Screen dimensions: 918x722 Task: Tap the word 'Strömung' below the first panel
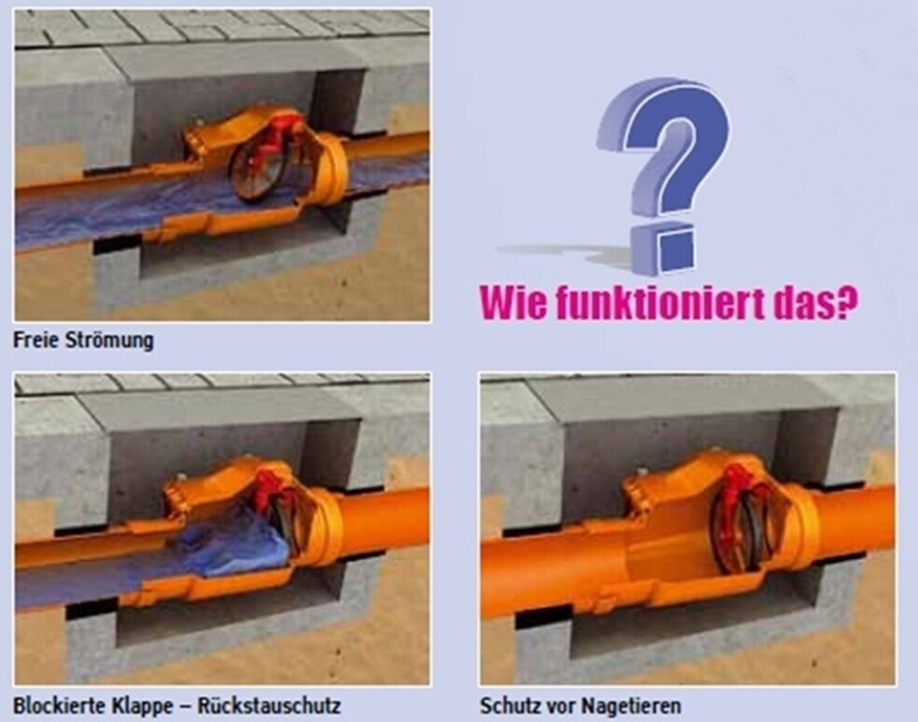[110, 341]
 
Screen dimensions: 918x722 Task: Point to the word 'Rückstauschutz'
[269, 705]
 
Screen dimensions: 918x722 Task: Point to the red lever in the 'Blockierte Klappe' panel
[270, 490]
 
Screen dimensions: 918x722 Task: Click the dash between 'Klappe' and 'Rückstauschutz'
[185, 707]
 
